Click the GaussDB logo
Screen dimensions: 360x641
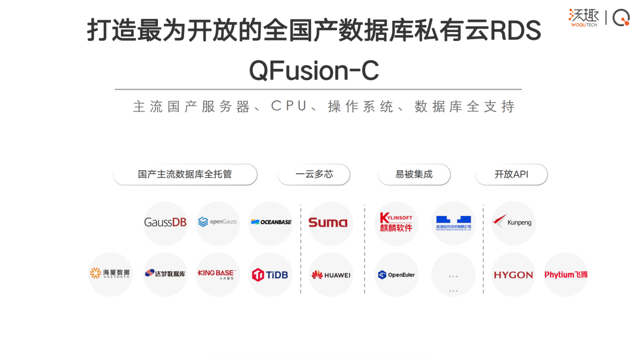(x=166, y=223)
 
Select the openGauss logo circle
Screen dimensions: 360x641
(x=218, y=223)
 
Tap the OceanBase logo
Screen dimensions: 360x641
(x=271, y=223)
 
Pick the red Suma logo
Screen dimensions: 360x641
(x=328, y=223)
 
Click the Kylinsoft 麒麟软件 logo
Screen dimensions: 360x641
(x=396, y=223)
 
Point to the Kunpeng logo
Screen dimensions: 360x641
(x=513, y=223)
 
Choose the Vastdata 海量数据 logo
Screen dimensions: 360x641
(x=110, y=274)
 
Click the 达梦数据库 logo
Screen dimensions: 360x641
(x=166, y=274)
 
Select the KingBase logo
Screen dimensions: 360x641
(x=218, y=274)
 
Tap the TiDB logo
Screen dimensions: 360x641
(x=271, y=274)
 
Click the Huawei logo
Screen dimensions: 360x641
(x=331, y=275)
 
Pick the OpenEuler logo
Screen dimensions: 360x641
(x=396, y=275)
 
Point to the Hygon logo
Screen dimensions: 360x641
(x=513, y=275)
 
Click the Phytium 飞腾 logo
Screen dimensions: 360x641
(x=566, y=275)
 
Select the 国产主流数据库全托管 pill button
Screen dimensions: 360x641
(x=185, y=174)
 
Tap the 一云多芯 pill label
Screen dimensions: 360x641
(x=314, y=174)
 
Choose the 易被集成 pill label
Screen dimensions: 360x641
(x=414, y=174)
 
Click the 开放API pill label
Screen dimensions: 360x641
(x=511, y=174)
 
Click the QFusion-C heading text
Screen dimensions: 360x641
(x=314, y=71)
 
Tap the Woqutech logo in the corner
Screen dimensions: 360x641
(x=584, y=17)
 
